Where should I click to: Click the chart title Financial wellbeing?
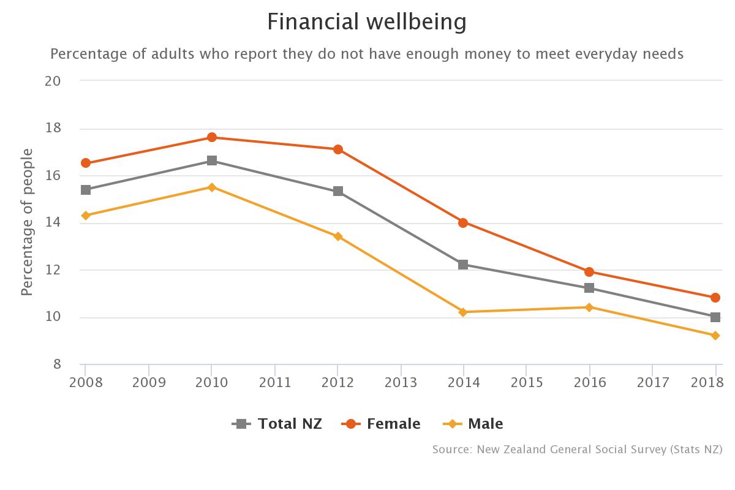367,22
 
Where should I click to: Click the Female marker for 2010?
211,137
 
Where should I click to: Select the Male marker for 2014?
463,312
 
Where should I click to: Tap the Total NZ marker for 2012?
337,191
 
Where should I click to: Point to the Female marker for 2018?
715,298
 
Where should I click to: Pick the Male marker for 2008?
86,215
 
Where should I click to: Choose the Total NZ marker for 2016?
589,288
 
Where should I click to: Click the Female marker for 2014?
463,222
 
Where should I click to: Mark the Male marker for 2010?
211,187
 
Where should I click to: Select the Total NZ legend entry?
277,423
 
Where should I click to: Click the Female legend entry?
382,423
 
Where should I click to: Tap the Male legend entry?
473,423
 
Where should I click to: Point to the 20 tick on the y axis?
53,81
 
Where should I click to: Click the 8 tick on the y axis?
57,364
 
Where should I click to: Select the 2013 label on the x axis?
401,383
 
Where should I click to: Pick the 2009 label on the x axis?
149,383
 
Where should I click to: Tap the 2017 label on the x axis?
652,383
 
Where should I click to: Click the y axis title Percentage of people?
27,222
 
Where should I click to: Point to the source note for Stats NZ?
577,450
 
